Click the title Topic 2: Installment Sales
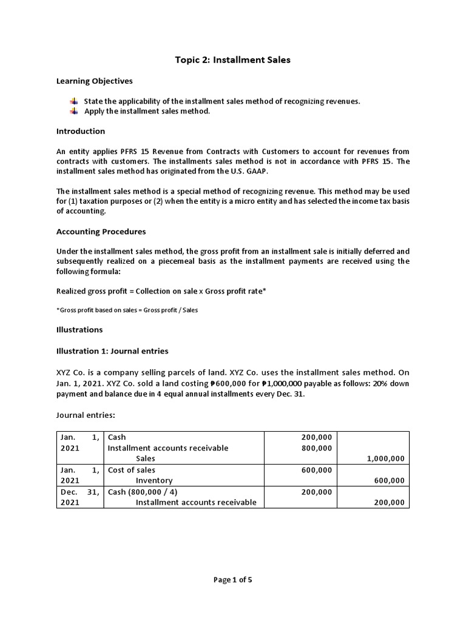point(233,59)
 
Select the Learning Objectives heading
point(94,81)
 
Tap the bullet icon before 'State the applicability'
point(74,101)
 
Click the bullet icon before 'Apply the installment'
point(74,111)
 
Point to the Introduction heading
point(81,131)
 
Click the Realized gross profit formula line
point(161,291)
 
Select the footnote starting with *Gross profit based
point(127,310)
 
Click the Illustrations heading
point(79,330)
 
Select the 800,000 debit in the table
point(317,448)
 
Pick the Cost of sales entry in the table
point(131,469)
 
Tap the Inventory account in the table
point(154,480)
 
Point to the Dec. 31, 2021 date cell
point(79,497)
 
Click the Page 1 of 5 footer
point(233,579)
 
